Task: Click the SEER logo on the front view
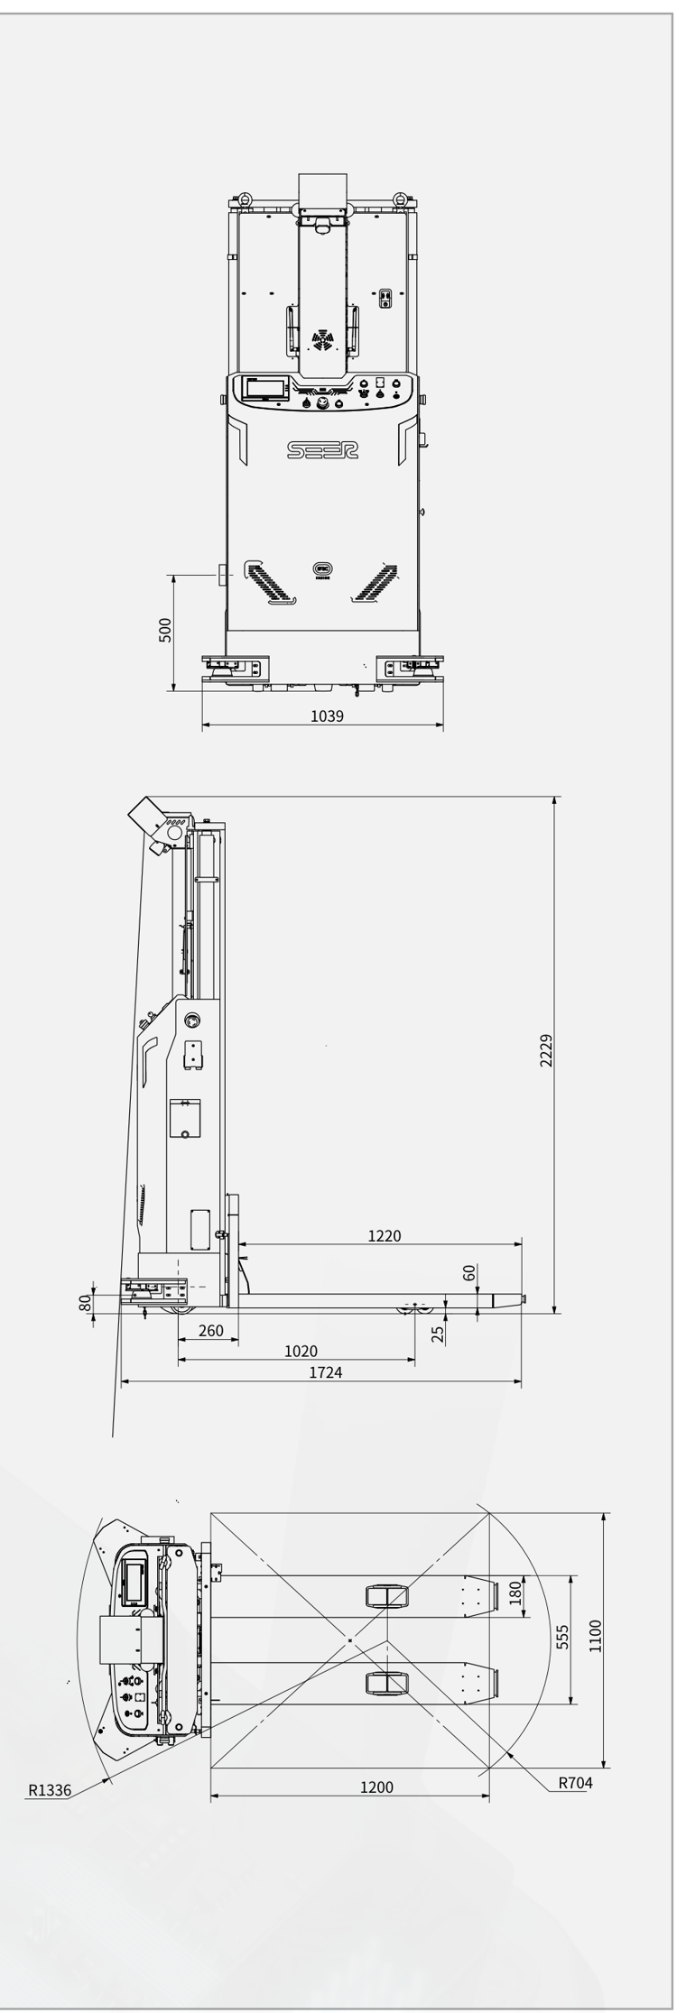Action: pyautogui.click(x=322, y=449)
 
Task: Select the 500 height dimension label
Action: pyautogui.click(x=165, y=630)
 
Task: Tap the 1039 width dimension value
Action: pyautogui.click(x=327, y=716)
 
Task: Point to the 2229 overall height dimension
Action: pyautogui.click(x=546, y=1050)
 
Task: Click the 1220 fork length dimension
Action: pyautogui.click(x=385, y=1235)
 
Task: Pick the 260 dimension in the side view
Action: pyautogui.click(x=210, y=1330)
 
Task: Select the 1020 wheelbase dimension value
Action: pyautogui.click(x=301, y=1351)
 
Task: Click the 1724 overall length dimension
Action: pyautogui.click(x=326, y=1372)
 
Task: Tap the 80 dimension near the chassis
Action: pyautogui.click(x=85, y=1303)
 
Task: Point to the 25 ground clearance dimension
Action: pyautogui.click(x=438, y=1334)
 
